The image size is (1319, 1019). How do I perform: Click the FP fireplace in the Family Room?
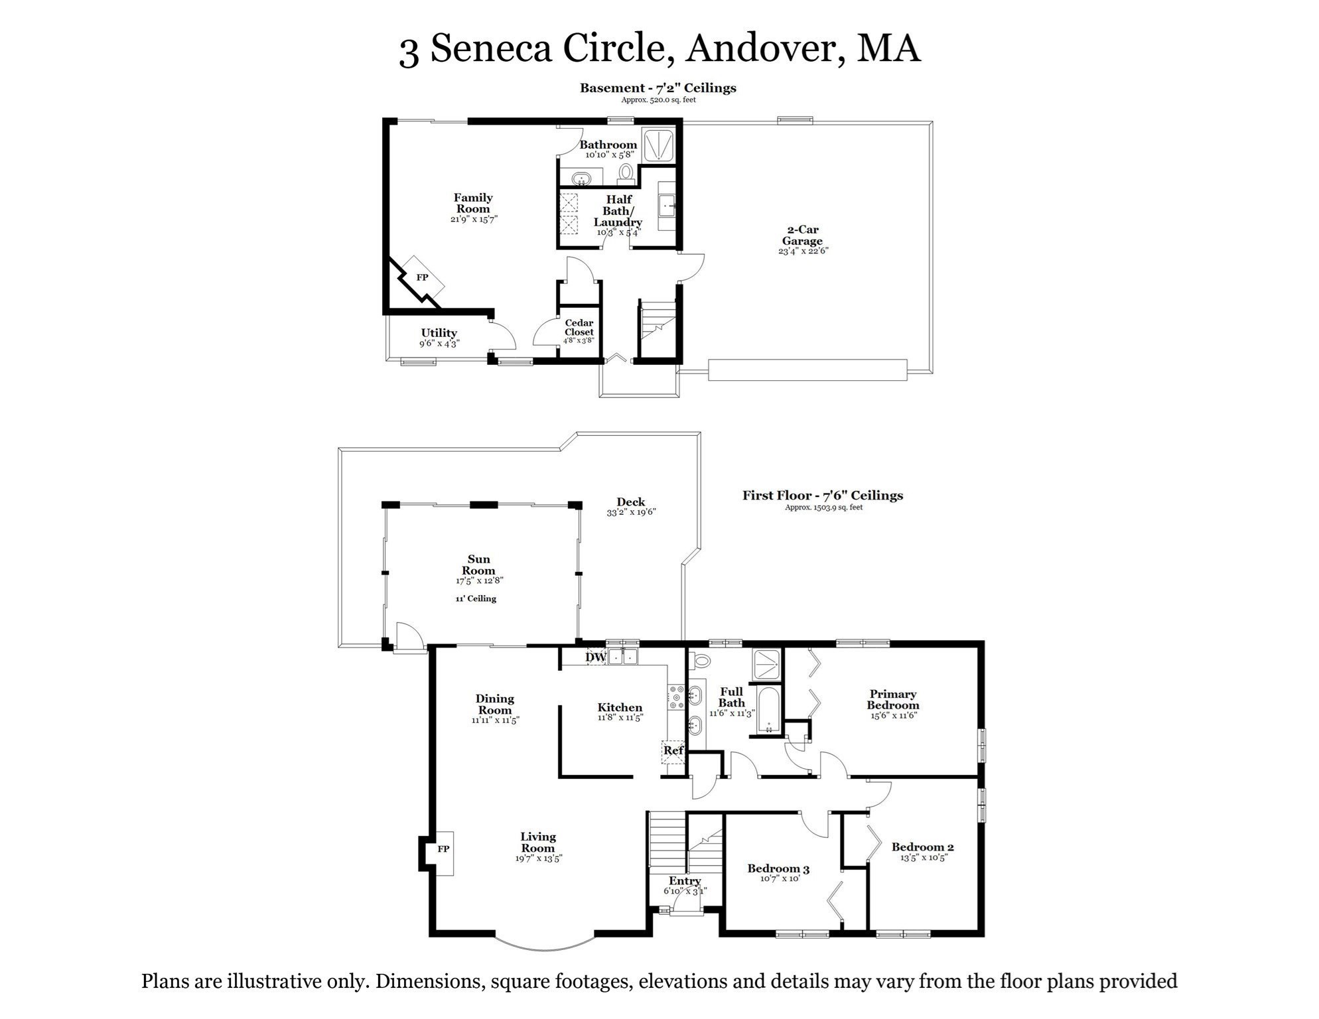(x=422, y=278)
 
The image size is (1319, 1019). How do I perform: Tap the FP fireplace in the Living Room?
(x=443, y=850)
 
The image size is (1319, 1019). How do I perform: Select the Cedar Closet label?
(x=579, y=328)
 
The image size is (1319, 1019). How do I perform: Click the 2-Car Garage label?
(x=802, y=236)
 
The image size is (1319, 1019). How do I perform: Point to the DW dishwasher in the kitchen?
(x=596, y=657)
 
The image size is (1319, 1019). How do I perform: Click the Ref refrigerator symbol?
(x=673, y=751)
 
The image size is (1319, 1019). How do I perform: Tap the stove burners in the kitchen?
(x=676, y=697)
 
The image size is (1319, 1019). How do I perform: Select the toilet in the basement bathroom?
(x=625, y=174)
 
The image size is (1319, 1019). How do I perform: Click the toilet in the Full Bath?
(x=701, y=661)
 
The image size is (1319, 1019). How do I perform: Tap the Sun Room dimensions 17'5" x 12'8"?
(x=479, y=580)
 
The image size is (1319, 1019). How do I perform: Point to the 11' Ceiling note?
(x=476, y=599)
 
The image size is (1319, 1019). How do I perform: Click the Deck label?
(x=630, y=502)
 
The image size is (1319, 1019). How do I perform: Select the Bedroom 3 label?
(x=778, y=869)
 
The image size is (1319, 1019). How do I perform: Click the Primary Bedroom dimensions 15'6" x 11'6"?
(x=893, y=716)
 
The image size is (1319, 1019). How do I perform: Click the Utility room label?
(x=439, y=333)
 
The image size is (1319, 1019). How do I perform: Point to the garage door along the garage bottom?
(x=807, y=370)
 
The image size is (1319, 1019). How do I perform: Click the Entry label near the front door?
(x=684, y=882)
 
